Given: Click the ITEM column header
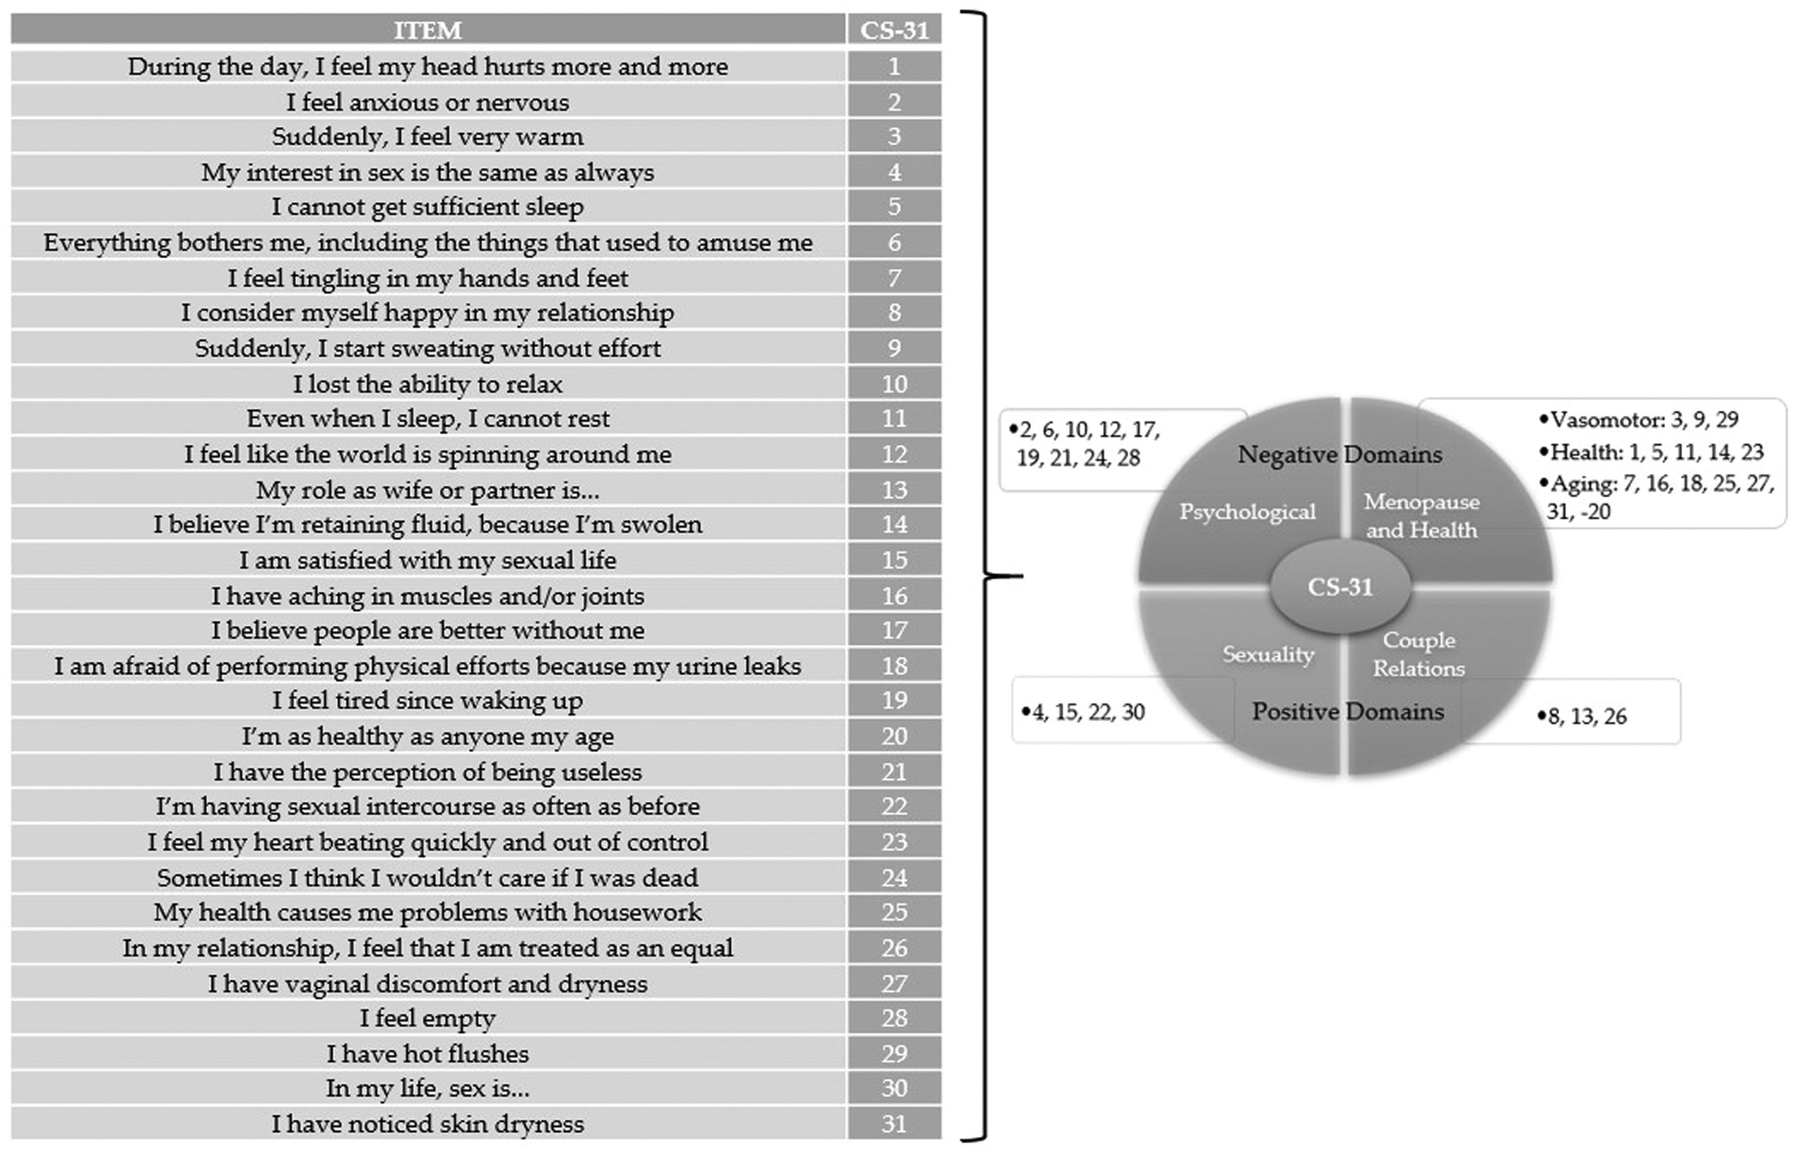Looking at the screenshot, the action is pyautogui.click(x=427, y=30).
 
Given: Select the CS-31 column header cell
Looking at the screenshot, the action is pyautogui.click(x=894, y=30).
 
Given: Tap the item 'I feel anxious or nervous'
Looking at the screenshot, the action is pyautogui.click(x=427, y=102).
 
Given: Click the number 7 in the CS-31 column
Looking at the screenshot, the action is pyautogui.click(x=894, y=278).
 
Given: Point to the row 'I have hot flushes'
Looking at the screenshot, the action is pyautogui.click(x=427, y=1054).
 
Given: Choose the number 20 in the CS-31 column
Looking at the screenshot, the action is pyautogui.click(x=894, y=736).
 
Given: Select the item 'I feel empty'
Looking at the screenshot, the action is pyautogui.click(x=427, y=1018).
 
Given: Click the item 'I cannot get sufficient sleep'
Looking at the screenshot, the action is pyautogui.click(x=427, y=207).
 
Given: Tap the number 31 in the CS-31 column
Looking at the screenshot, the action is pyautogui.click(x=894, y=1124).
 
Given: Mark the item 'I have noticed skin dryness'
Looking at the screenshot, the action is pyautogui.click(x=427, y=1124).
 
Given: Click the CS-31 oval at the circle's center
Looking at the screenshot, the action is pyautogui.click(x=1340, y=586).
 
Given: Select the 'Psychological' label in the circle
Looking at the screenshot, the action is pyautogui.click(x=1247, y=512).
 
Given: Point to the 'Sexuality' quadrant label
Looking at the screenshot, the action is pyautogui.click(x=1268, y=654).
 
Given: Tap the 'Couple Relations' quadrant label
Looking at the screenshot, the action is pyautogui.click(x=1419, y=654).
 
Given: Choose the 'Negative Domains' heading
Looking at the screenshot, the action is pyautogui.click(x=1340, y=454).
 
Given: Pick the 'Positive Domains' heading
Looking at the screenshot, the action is pyautogui.click(x=1347, y=711).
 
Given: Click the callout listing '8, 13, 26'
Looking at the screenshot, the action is pyautogui.click(x=1582, y=717).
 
